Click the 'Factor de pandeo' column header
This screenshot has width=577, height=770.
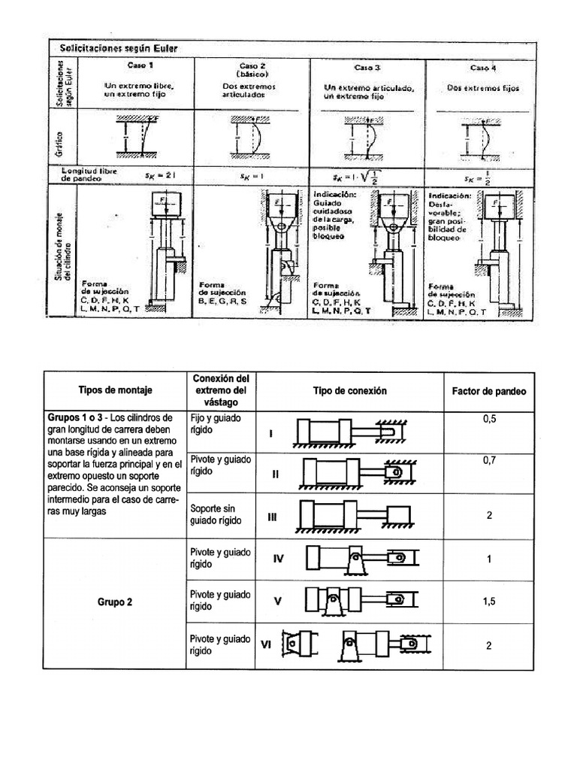488,391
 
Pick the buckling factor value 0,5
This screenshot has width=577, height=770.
489,420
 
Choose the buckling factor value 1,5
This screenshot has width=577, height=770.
489,602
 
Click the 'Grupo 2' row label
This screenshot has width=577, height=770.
114,602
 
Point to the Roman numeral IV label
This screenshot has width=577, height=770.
277,559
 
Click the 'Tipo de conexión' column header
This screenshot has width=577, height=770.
349,391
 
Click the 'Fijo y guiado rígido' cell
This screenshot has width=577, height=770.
213,424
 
